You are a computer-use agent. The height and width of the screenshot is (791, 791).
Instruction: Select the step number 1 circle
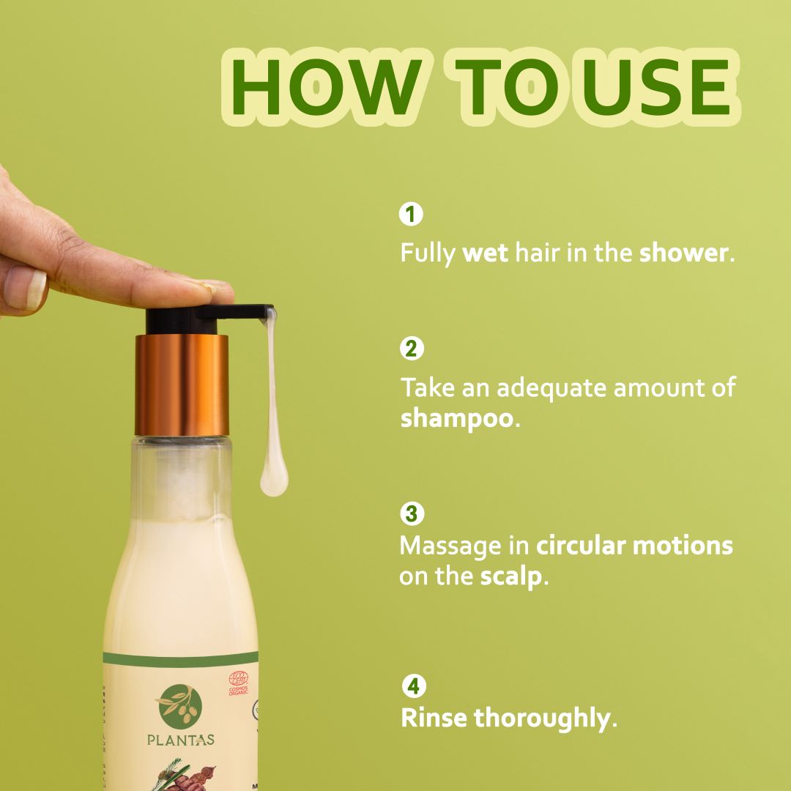pyautogui.click(x=411, y=215)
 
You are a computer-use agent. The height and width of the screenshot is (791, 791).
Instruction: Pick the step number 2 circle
pyautogui.click(x=411, y=348)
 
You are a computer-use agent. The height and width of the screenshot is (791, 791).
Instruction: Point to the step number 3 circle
pyautogui.click(x=411, y=513)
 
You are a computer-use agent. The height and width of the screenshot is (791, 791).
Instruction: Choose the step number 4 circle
pyautogui.click(x=414, y=686)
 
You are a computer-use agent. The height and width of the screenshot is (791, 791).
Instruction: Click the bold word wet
pyautogui.click(x=485, y=253)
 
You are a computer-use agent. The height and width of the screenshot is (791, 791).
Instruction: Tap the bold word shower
pyautogui.click(x=683, y=253)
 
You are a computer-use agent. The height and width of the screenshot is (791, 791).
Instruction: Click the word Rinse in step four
pyautogui.click(x=433, y=718)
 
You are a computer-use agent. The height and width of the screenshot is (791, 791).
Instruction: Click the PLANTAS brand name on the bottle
pyautogui.click(x=180, y=740)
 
